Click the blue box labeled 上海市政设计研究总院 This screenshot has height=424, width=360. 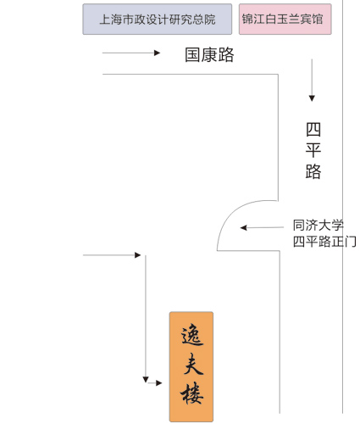(158, 20)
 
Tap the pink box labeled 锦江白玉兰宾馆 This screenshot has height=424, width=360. (285, 20)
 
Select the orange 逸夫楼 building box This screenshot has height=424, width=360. (191, 366)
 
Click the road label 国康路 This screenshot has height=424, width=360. (209, 54)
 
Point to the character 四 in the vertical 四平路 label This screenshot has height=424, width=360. (313, 130)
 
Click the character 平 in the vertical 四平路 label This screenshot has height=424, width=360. (313, 150)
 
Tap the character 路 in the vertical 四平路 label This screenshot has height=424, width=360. (313, 171)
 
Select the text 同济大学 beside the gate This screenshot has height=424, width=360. (318, 226)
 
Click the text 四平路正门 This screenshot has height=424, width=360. (324, 242)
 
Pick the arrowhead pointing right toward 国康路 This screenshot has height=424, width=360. (158, 53)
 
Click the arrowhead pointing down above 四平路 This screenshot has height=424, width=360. (312, 98)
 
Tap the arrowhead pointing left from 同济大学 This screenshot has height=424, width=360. (243, 227)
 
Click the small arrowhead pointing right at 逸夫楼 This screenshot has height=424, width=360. (159, 383)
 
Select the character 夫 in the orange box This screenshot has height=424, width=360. (193, 364)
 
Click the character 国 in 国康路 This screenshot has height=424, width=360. (192, 54)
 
